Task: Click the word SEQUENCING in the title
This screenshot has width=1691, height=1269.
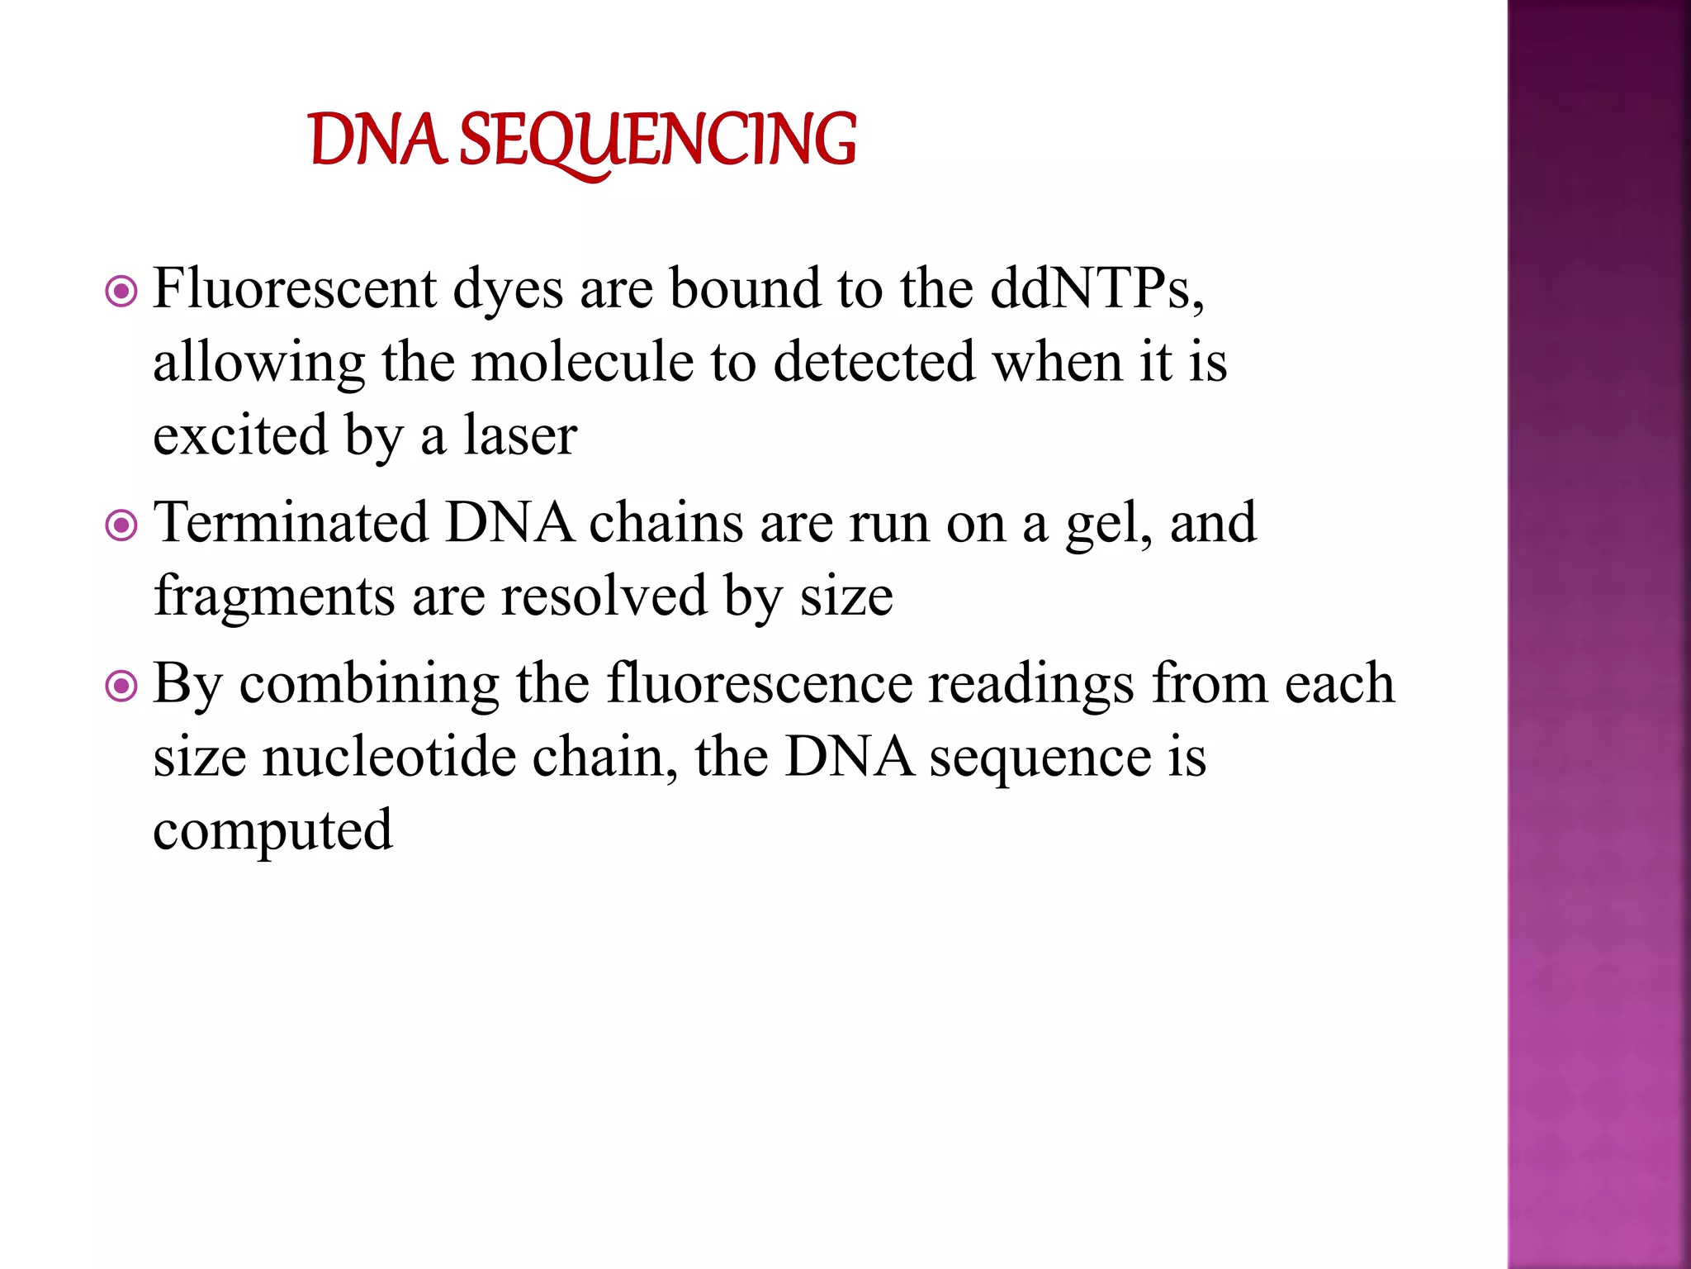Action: click(x=657, y=140)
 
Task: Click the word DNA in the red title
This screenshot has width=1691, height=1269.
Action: click(x=377, y=140)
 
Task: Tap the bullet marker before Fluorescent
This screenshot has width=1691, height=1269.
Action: click(x=121, y=291)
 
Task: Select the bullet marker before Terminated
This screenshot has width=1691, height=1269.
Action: click(x=121, y=525)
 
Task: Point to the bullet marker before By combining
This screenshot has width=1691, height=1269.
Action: click(x=121, y=686)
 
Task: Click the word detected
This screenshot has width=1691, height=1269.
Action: click(x=874, y=363)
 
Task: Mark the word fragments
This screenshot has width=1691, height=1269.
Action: click(x=274, y=597)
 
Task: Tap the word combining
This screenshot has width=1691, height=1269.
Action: click(x=369, y=686)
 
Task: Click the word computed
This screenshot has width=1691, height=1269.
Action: click(x=272, y=831)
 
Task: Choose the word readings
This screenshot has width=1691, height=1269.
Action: click(x=1030, y=686)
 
